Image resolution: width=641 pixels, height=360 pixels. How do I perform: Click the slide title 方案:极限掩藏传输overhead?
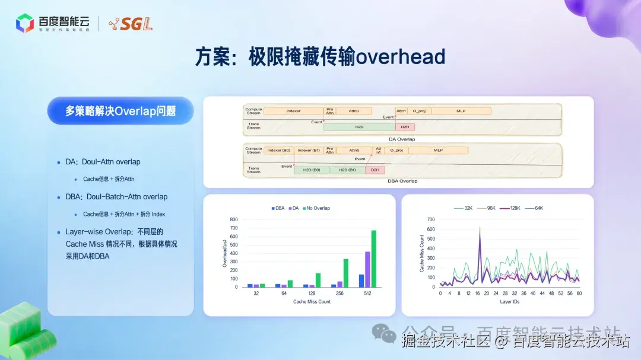tap(320, 56)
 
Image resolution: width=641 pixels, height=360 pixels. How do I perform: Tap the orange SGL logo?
tap(131, 24)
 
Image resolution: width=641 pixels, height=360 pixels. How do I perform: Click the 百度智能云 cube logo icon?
tap(25, 23)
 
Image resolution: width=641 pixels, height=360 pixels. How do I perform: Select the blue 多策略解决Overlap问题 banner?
tap(120, 111)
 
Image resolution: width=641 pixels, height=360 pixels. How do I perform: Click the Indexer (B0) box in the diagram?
tap(278, 151)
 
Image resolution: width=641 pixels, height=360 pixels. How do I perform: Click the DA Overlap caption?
tap(401, 139)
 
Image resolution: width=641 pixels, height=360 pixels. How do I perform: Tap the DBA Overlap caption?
tap(401, 181)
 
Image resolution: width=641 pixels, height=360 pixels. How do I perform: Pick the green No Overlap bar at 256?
tap(345, 273)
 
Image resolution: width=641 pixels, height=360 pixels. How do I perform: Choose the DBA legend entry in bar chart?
tap(278, 208)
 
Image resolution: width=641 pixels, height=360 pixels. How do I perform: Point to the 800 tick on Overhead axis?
tap(233, 219)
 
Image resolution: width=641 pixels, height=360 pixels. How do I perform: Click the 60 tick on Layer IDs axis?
tap(579, 293)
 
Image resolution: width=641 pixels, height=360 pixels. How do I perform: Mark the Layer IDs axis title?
tap(510, 302)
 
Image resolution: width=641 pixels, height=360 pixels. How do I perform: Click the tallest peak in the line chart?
tap(480, 228)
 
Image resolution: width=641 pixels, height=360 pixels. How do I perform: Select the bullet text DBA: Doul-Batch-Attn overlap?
tap(116, 197)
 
